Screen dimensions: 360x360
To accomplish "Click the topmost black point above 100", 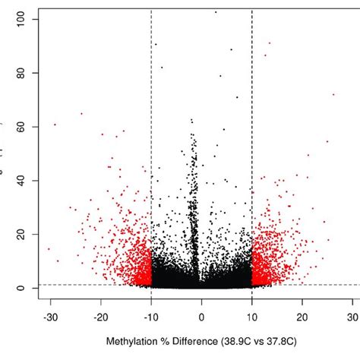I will pos(216,12).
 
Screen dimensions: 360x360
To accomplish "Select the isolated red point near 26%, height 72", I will pos(333,94).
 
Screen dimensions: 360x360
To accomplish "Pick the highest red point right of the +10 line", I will pos(269,43).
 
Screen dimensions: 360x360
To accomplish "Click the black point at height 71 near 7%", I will pos(237,97).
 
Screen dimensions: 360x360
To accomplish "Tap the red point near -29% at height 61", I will pos(55,125).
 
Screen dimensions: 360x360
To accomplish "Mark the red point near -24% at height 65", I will pos(81,114).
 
